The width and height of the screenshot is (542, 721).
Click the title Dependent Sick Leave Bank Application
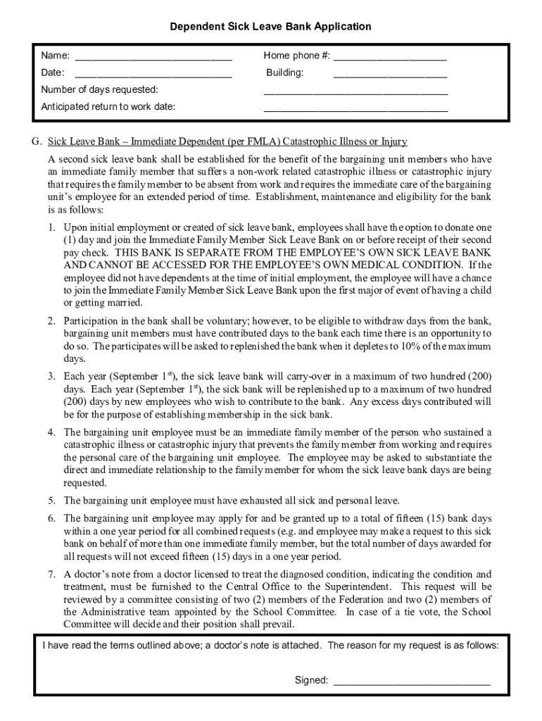(x=270, y=27)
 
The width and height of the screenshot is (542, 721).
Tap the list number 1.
(x=51, y=227)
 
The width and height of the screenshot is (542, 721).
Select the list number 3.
(x=51, y=377)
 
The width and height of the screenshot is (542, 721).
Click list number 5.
(x=51, y=501)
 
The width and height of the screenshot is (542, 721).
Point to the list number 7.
(x=51, y=574)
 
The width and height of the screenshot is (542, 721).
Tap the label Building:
(x=285, y=73)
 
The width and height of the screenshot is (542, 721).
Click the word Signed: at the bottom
(x=311, y=680)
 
